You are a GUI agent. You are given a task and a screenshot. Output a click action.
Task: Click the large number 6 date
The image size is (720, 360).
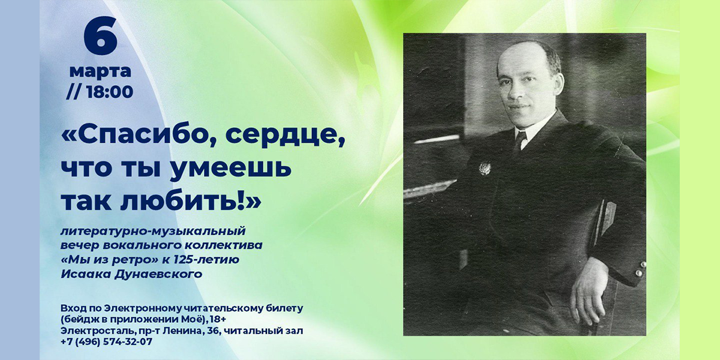(x=101, y=35)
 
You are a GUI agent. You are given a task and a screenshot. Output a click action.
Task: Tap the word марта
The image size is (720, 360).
(x=100, y=72)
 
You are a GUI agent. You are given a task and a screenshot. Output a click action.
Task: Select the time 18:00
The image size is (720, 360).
(x=110, y=92)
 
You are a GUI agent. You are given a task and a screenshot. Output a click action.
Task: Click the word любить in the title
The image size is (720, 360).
(x=182, y=201)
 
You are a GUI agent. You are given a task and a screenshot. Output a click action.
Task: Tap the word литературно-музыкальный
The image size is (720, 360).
(x=153, y=232)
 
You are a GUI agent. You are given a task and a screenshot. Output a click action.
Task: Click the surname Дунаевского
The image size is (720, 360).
(x=157, y=274)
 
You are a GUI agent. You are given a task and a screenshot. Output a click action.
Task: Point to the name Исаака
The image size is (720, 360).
(x=85, y=274)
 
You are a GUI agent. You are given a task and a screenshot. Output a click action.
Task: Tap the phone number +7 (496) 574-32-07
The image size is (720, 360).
(x=106, y=341)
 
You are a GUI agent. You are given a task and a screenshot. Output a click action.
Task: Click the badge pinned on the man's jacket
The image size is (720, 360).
(x=484, y=168)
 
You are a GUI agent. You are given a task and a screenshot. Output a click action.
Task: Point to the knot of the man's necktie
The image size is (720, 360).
(x=520, y=136)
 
